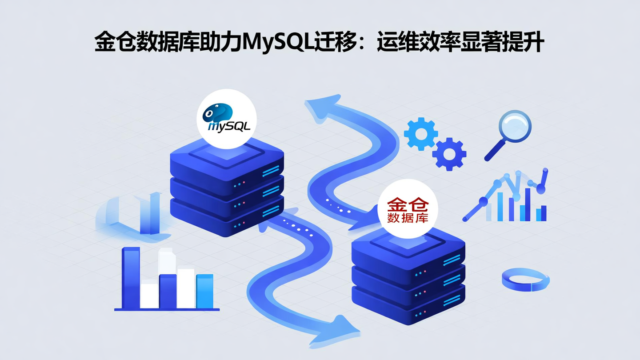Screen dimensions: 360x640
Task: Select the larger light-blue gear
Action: [420, 134]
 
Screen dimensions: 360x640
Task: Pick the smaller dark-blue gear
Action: [449, 154]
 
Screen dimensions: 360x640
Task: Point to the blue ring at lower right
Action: [526, 279]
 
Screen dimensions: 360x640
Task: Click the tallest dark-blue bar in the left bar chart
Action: [131, 278]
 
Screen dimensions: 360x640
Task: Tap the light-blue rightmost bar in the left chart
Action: [205, 291]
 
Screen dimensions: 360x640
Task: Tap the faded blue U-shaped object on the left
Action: [133, 216]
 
